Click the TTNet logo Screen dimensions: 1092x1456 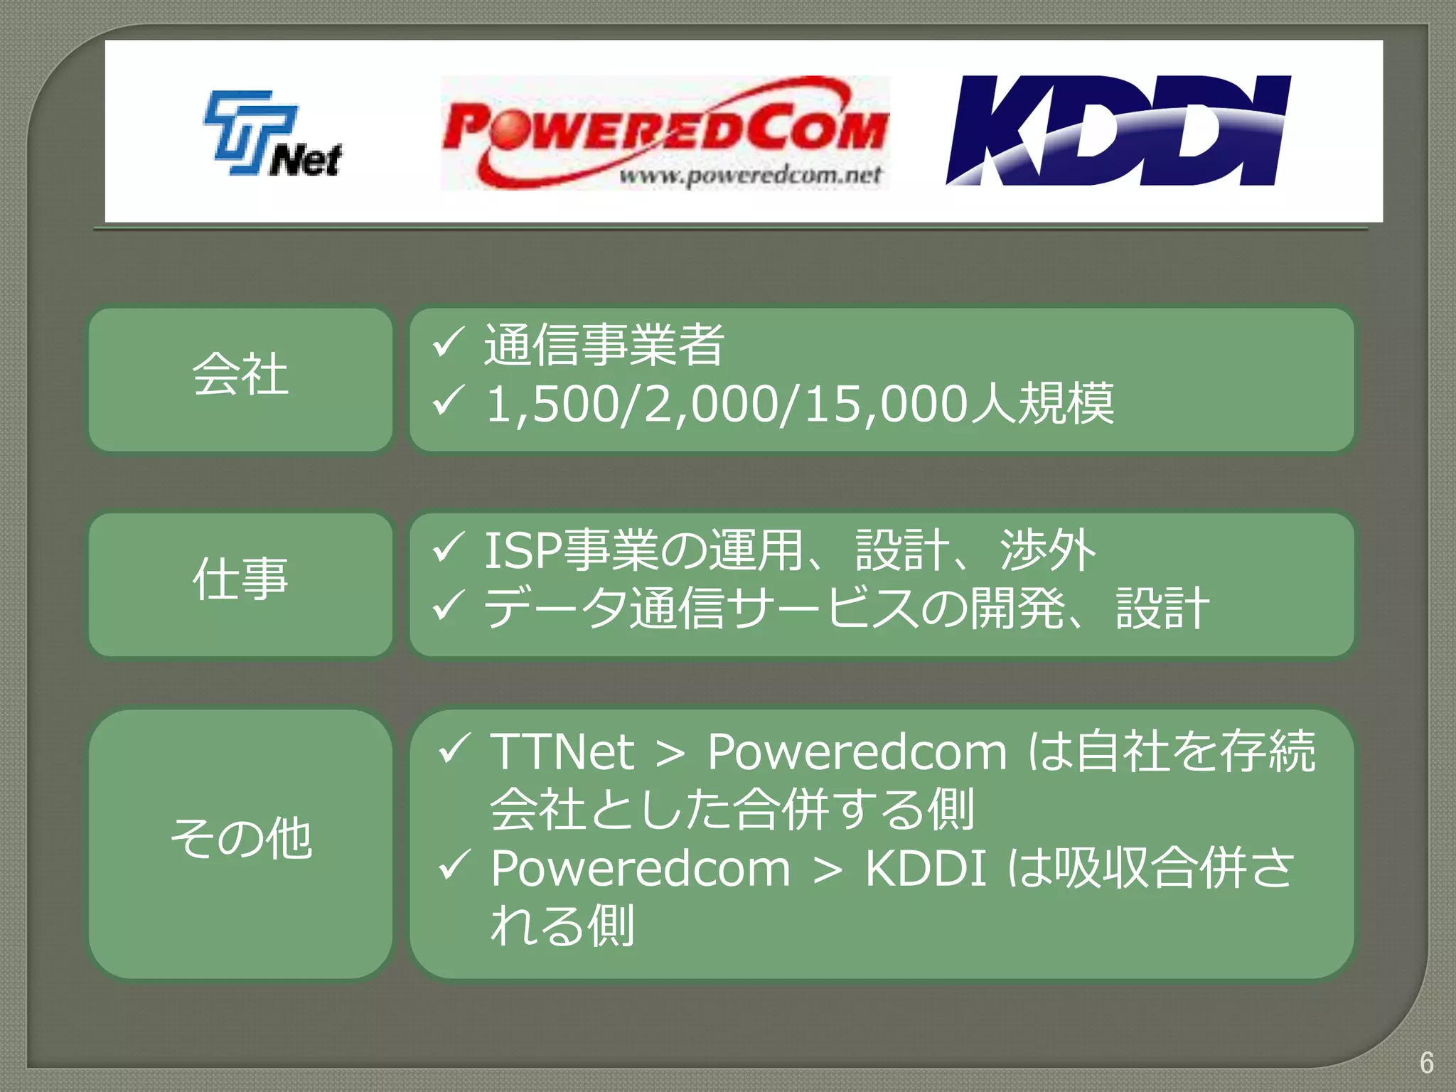click(273, 134)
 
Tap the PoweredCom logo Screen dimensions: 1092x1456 click(665, 133)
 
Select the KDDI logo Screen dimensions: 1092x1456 click(1118, 131)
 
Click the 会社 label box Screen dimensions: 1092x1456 click(240, 379)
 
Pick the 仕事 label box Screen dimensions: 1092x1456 click(240, 584)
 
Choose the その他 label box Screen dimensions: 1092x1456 click(240, 843)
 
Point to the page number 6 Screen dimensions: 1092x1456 click(1426, 1063)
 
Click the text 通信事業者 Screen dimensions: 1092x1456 click(604, 346)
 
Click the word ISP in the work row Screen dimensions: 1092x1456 click(523, 551)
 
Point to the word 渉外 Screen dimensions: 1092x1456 click(1047, 551)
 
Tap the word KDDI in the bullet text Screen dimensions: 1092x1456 click(926, 869)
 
